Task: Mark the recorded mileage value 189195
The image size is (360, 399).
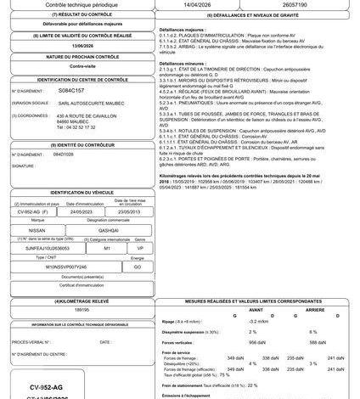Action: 82,311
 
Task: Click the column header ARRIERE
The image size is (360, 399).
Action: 314,309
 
